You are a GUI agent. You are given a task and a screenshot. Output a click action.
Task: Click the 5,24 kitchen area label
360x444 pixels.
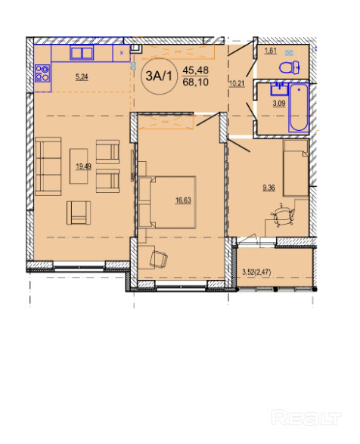point(82,76)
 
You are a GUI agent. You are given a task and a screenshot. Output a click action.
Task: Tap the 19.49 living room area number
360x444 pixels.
point(83,166)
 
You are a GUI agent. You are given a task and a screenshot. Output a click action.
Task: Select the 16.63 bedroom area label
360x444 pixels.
point(183,200)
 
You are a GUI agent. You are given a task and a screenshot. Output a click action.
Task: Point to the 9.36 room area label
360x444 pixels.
point(268,188)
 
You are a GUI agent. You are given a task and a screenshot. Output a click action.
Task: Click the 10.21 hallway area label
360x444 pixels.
point(237,83)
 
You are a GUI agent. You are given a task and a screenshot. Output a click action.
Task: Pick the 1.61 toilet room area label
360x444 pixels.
point(270,51)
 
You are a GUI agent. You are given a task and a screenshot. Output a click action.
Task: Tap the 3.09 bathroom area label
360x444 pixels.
point(279,104)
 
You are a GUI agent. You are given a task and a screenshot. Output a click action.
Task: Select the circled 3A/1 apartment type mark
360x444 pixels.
point(159,76)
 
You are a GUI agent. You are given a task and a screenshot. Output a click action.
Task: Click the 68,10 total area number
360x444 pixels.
point(196,82)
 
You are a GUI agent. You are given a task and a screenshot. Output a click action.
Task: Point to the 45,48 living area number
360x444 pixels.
point(196,70)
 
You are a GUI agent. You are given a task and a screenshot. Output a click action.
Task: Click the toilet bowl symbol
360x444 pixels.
point(290,67)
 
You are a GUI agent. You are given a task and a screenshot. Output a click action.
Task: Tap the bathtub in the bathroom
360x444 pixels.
point(299,107)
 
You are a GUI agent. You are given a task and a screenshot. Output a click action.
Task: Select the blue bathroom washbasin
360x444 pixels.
point(279,88)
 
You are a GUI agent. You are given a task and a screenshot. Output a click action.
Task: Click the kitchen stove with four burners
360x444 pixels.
point(42,73)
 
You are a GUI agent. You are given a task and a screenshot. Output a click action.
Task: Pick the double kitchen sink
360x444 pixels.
point(82,53)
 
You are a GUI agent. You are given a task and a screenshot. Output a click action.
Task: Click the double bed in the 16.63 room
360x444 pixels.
point(167,202)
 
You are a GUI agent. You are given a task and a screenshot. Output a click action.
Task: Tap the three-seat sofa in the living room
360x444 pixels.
point(48,166)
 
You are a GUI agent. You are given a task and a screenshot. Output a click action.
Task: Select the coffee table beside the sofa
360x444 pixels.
point(79,166)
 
